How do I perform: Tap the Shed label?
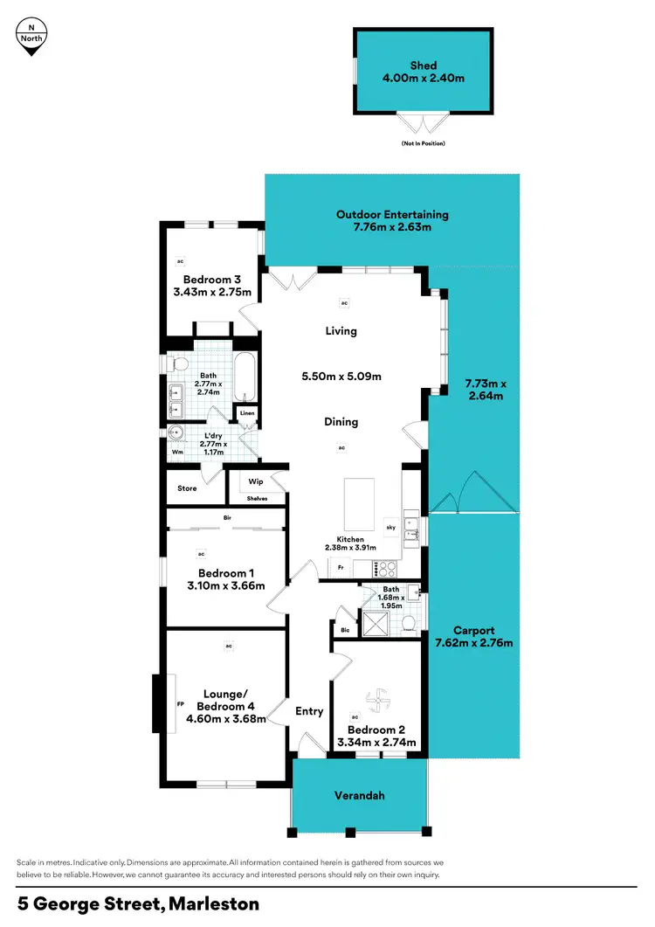point(424,65)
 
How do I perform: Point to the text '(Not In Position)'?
point(424,142)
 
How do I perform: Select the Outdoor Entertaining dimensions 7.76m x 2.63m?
point(392,227)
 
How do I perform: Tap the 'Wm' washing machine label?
point(177,452)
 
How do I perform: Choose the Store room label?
point(187,488)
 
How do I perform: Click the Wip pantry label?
point(256,481)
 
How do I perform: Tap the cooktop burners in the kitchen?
point(385,568)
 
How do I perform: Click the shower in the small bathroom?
point(379,622)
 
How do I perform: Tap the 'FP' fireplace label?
point(180,702)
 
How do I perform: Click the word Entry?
point(309,711)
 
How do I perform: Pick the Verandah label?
point(358,795)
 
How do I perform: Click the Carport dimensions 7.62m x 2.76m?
point(472,643)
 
